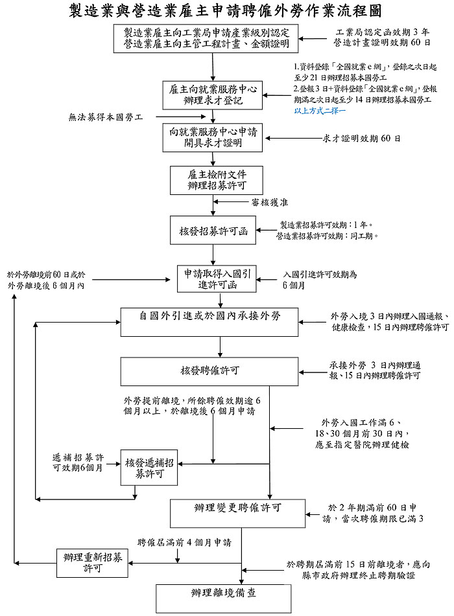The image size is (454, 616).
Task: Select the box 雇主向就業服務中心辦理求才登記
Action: point(212,95)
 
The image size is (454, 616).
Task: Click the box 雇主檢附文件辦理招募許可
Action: point(208,180)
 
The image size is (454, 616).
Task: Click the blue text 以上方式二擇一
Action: point(320,111)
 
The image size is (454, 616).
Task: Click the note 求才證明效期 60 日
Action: point(361,139)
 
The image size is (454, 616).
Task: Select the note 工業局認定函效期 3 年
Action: point(382,32)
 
